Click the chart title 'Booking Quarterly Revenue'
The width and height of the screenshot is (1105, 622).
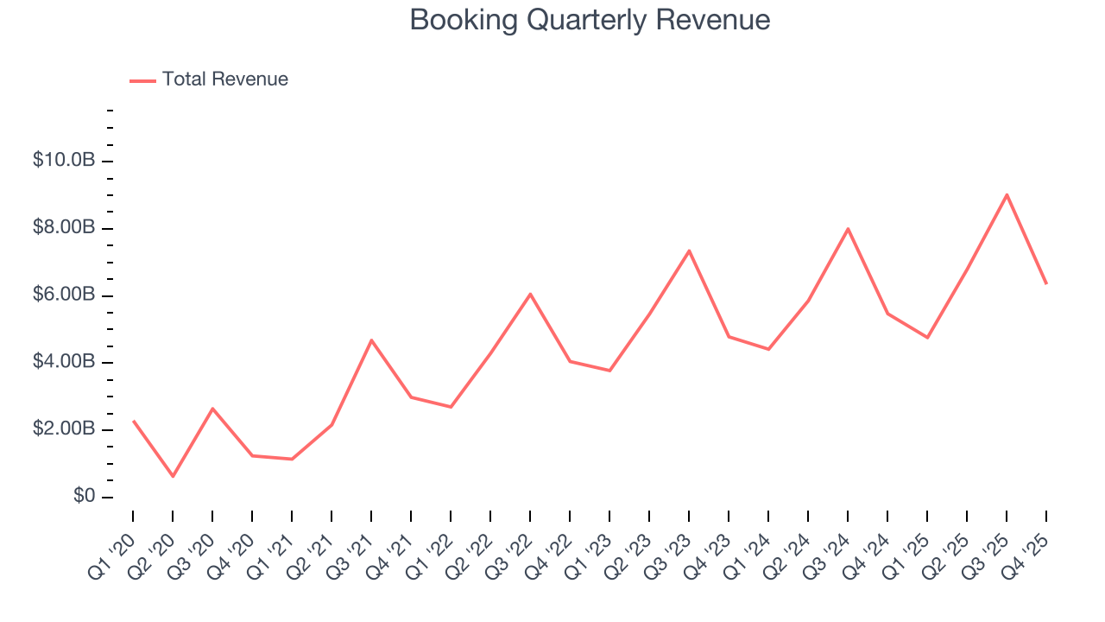[590, 20]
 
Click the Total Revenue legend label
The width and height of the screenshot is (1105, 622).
[224, 79]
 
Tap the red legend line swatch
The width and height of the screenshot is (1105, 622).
[142, 80]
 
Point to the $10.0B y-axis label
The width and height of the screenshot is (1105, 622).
[64, 161]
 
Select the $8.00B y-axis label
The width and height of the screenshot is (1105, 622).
[64, 228]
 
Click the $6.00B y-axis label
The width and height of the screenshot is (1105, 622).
[64, 295]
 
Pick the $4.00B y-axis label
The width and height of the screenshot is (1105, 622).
[64, 362]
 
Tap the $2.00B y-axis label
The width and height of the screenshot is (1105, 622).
[64, 429]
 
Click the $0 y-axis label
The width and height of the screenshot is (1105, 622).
[84, 497]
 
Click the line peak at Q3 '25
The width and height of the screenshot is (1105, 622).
[1007, 194]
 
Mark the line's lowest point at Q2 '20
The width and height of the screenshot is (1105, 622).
[173, 476]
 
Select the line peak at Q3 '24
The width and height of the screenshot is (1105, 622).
[848, 229]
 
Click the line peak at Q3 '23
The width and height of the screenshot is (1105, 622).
[689, 251]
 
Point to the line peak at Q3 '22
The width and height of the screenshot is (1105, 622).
[530, 294]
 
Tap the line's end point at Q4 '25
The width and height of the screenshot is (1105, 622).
[1046, 283]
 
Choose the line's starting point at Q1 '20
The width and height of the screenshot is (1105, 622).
[133, 421]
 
